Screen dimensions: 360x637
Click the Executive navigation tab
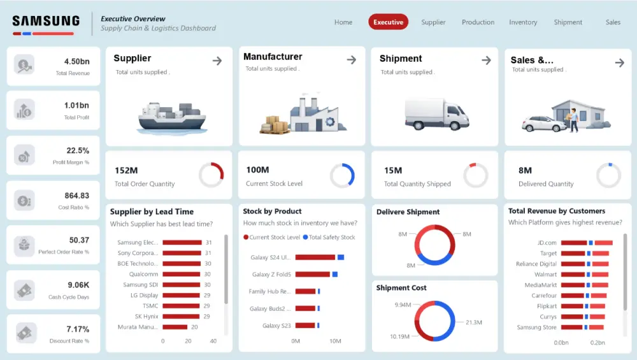click(388, 22)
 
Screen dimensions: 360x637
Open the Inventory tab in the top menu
click(523, 22)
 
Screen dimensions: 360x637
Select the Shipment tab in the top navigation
click(568, 22)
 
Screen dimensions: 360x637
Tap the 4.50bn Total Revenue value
click(76, 62)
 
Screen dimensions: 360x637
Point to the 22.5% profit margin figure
click(78, 151)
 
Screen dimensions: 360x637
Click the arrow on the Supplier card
click(217, 61)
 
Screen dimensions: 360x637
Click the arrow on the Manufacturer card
click(351, 60)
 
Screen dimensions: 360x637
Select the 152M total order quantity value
click(126, 171)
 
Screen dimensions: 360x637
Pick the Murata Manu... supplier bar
click(175, 327)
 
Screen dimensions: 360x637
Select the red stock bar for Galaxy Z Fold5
click(313, 275)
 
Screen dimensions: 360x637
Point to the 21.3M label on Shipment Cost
click(474, 322)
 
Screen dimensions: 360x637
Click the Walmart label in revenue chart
click(545, 275)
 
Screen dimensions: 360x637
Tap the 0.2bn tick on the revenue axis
click(597, 343)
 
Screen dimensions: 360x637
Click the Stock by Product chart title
click(272, 212)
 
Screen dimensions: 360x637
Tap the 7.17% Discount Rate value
click(78, 329)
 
